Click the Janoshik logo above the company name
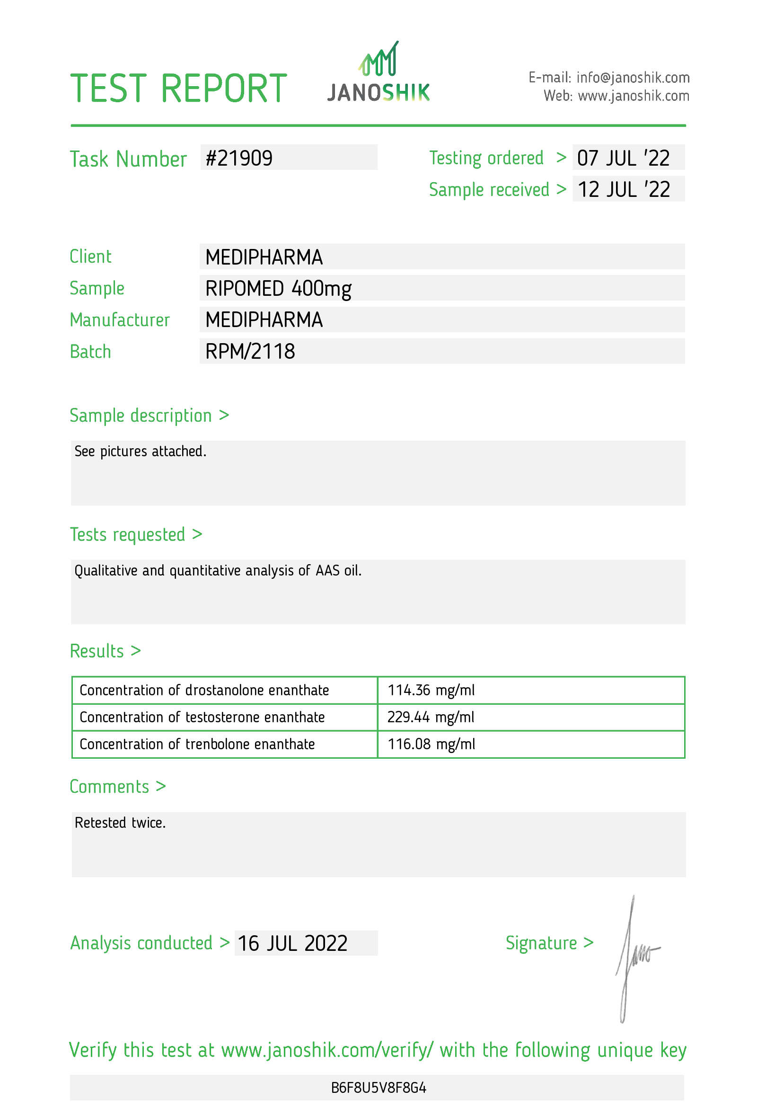(x=378, y=60)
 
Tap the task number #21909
(x=239, y=158)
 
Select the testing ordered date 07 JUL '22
(x=623, y=158)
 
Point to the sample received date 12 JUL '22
(x=624, y=189)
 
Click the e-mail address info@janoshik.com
(x=633, y=77)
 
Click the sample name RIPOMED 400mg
(x=278, y=288)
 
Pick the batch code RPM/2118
(x=250, y=351)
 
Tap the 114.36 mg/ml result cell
(x=431, y=690)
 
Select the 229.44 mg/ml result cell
(x=431, y=717)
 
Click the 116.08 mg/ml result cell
(x=431, y=744)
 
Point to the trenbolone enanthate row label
(x=197, y=744)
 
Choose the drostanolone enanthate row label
(x=204, y=690)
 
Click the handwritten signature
(x=634, y=957)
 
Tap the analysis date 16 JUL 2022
(x=292, y=943)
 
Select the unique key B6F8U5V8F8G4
(x=378, y=1088)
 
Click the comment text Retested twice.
(x=120, y=823)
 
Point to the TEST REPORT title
(x=178, y=89)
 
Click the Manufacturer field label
(x=120, y=320)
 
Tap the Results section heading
(x=105, y=651)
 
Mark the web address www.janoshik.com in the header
(x=633, y=96)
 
